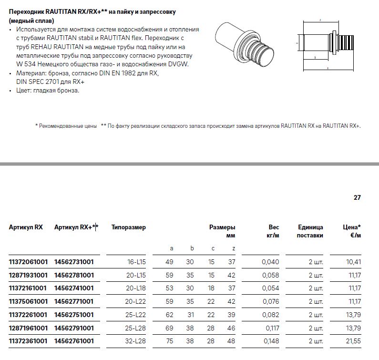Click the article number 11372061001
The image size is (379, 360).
click(x=28, y=262)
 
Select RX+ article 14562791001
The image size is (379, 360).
click(x=74, y=328)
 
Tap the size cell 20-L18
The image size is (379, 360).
click(x=136, y=288)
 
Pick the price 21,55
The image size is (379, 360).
click(x=353, y=341)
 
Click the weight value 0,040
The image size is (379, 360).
click(x=270, y=262)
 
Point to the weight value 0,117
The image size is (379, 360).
click(x=272, y=328)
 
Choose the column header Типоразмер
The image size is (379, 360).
click(x=129, y=227)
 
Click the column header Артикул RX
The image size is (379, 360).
click(x=26, y=227)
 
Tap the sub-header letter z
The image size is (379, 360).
click(x=234, y=248)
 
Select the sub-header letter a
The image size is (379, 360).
click(x=172, y=248)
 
